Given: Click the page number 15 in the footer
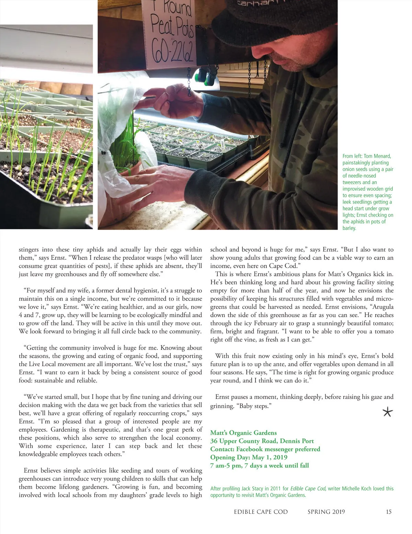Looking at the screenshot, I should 389,512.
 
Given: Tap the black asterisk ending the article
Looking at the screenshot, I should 387,412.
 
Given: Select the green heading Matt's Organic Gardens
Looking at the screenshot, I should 243,433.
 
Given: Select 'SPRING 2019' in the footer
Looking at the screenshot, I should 326,512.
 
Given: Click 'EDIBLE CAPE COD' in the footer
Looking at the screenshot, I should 261,512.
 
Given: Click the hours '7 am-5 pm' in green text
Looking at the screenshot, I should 226,465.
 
